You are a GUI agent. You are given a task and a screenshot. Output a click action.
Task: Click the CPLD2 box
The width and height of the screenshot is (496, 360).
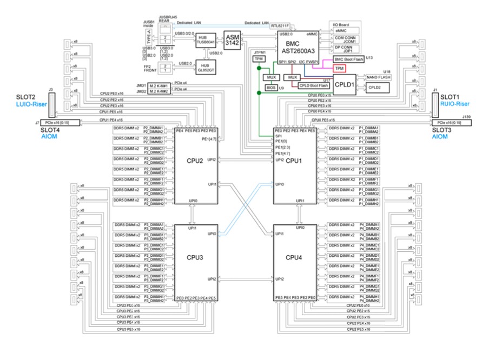374,87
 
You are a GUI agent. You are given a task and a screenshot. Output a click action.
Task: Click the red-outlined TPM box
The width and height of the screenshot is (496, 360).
340,69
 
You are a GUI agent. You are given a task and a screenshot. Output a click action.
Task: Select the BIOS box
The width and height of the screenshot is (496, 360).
271,86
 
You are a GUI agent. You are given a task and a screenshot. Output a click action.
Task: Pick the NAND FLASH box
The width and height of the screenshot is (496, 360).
378,77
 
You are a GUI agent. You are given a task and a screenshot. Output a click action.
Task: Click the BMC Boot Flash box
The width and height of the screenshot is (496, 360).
348,59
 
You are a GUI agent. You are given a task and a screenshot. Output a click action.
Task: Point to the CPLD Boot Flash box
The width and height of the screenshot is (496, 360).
314,85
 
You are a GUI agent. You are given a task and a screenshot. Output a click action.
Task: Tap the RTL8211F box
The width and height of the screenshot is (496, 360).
280,26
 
